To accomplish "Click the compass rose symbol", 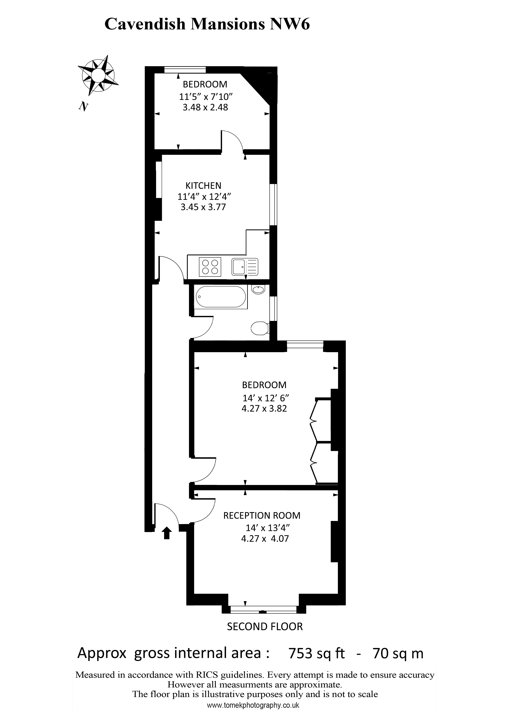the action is (x=98, y=75).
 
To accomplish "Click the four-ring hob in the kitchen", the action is (x=210, y=267).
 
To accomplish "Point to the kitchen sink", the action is (x=245, y=267).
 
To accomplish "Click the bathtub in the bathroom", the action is (x=221, y=297).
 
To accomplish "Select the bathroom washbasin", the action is (x=259, y=289).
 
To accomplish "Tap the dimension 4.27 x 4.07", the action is (x=265, y=539).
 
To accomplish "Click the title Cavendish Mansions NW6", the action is (x=207, y=24).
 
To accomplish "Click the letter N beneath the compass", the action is (x=83, y=107).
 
